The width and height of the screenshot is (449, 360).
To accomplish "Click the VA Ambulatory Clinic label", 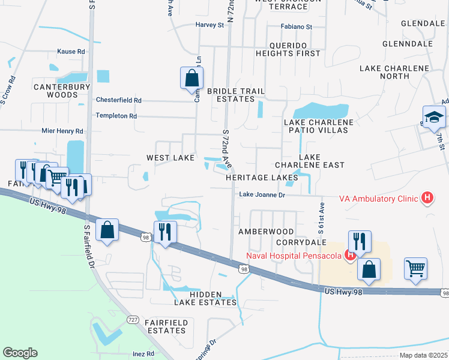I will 379,198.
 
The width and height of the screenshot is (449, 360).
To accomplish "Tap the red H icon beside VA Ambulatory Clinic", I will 427,197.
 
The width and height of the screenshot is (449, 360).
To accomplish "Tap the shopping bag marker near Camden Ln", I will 191,78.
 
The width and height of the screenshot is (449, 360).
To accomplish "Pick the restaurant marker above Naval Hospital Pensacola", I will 359,241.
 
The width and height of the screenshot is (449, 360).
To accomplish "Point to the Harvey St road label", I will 209,25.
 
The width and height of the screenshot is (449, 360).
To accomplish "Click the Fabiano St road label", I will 297,27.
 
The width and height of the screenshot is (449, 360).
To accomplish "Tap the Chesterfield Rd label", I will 118,100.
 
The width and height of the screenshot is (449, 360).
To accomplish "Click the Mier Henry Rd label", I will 62,131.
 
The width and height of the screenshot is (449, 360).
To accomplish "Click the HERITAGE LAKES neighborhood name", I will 262,178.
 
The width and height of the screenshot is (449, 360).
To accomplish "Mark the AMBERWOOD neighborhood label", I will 266,232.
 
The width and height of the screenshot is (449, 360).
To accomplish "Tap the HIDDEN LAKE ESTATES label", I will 205,298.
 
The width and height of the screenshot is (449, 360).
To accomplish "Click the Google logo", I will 20,353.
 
